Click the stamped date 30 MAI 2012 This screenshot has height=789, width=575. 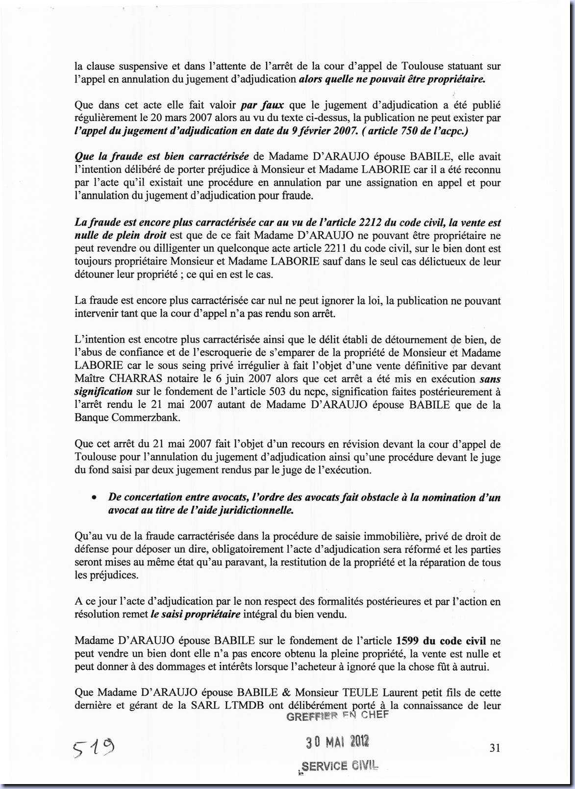pos(338,742)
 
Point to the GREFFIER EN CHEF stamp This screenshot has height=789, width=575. pos(337,715)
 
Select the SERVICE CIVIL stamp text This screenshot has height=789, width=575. pos(340,765)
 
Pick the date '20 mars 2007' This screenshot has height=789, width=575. pos(181,118)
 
